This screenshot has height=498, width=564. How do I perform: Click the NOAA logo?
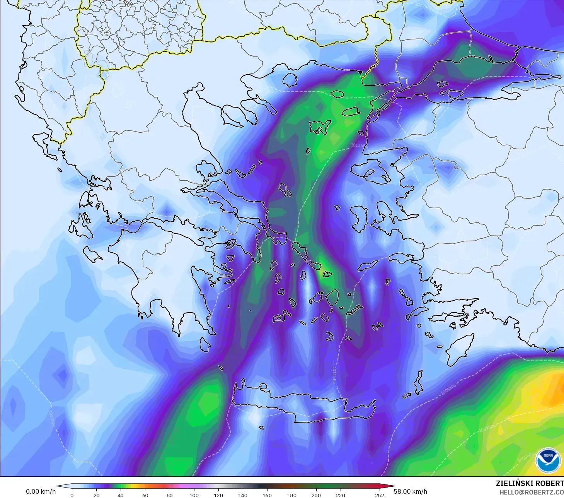pyautogui.click(x=548, y=460)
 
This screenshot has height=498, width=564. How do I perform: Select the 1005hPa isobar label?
pyautogui.click(x=526, y=457)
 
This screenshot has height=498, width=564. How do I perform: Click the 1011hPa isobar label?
pyautogui.click(x=334, y=375)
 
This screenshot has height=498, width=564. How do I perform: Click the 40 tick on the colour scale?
pyautogui.click(x=121, y=495)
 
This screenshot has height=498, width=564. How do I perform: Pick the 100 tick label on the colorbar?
pyautogui.click(x=194, y=495)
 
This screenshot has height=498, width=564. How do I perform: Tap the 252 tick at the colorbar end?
pyautogui.click(x=380, y=495)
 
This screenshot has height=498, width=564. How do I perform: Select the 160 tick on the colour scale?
pyautogui.click(x=267, y=495)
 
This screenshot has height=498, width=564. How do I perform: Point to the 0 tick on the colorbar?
pyautogui.click(x=72, y=495)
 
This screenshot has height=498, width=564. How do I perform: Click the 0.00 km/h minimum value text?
pyautogui.click(x=41, y=491)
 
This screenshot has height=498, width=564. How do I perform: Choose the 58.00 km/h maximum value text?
pyautogui.click(x=411, y=491)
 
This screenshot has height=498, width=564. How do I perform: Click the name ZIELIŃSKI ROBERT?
pyautogui.click(x=530, y=483)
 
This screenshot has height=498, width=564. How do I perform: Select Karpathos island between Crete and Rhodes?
pyautogui.click(x=418, y=383)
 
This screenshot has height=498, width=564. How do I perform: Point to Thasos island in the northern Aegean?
pyautogui.click(x=290, y=80)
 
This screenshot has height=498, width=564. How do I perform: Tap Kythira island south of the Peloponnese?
pyautogui.click(x=205, y=344)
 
